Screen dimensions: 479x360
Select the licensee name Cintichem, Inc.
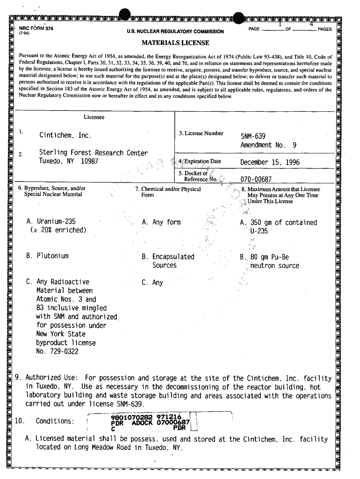coord(65,136)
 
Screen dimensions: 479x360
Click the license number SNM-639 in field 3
coord(252,136)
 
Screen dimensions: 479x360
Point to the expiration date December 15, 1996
coord(270,163)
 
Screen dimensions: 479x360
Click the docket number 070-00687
coord(256,179)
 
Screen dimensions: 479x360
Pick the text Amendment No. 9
coord(268,145)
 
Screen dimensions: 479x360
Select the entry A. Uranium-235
coord(51,222)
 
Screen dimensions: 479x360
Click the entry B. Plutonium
coord(48,256)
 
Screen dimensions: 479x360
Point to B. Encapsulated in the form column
coord(168,256)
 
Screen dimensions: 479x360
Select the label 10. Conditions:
coord(45,421)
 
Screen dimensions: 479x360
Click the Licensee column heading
coord(94,117)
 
